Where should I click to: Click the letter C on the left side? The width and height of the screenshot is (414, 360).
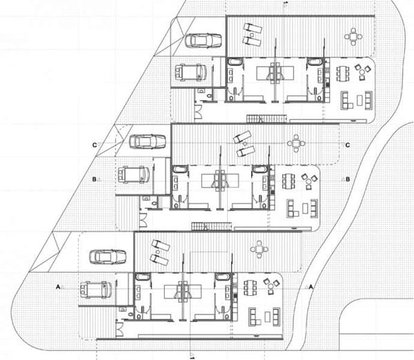point(95,145)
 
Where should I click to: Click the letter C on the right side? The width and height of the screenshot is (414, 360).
point(348,145)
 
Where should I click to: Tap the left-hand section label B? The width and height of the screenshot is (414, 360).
point(94,179)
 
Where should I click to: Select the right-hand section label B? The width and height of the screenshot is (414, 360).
point(348,179)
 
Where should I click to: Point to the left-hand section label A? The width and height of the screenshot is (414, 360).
point(58,287)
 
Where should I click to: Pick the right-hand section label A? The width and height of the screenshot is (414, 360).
point(310,287)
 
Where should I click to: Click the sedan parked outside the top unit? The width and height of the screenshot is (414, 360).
point(203,41)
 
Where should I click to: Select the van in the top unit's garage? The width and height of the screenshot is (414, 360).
point(190,72)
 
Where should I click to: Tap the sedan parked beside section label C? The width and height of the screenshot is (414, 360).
point(148,141)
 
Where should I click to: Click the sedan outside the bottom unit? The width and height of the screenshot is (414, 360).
point(108,257)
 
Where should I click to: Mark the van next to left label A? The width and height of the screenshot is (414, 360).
point(96,290)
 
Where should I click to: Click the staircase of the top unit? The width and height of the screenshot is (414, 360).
point(266,119)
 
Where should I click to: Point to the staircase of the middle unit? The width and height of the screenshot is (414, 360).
point(212,226)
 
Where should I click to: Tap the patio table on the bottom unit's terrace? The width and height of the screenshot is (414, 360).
point(259,249)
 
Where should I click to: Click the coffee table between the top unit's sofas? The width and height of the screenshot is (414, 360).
point(359,100)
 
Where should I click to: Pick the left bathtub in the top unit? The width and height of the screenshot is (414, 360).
point(233,62)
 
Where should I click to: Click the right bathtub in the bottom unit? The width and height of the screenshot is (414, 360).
point(223,277)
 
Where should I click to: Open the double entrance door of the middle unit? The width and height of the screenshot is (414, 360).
point(144,221)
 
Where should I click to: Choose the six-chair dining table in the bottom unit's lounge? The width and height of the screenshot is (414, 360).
point(250,288)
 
